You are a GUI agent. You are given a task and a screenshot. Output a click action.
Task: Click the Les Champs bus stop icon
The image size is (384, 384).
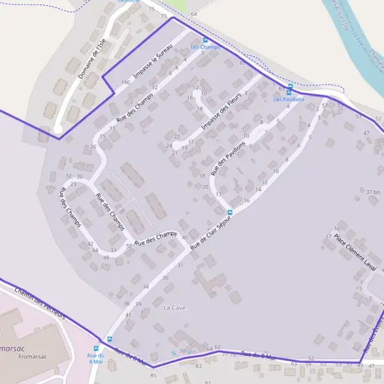[205, 40]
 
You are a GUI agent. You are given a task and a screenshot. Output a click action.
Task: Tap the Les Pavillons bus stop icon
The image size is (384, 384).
[290, 86]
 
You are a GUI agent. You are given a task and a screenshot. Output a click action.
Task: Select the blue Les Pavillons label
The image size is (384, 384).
[289, 99]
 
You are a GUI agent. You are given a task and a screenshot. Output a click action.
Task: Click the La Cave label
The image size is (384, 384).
[174, 308]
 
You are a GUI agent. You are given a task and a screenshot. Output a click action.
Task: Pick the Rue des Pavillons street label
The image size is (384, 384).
[228, 157]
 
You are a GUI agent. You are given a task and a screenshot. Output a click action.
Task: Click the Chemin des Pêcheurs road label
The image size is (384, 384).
[40, 303]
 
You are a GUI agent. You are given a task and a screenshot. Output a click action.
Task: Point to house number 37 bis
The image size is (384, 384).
[373, 192]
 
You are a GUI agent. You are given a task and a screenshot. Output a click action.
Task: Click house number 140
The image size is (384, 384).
[125, 83]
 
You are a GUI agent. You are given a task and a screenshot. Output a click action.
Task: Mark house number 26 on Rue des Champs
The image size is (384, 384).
[93, 147]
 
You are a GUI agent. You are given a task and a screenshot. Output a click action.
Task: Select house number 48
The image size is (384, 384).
[106, 257]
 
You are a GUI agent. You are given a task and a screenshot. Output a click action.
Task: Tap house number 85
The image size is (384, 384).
[153, 375]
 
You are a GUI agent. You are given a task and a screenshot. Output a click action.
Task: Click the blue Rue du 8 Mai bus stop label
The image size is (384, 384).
[96, 358]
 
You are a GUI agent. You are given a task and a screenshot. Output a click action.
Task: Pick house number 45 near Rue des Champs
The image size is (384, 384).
[185, 237]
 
